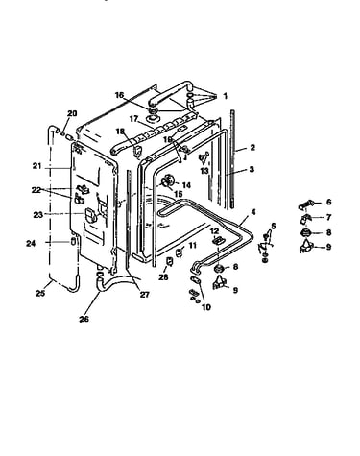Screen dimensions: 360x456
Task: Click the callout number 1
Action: [x=225, y=96]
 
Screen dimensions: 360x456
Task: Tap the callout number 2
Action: [x=252, y=148]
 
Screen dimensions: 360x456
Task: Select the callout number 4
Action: [x=253, y=212]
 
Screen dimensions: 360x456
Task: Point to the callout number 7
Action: [x=328, y=217]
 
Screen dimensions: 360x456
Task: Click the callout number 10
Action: [x=206, y=307]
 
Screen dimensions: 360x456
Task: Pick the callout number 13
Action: [x=204, y=171]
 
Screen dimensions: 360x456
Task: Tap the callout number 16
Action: [x=119, y=95]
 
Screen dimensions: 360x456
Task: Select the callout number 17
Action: [x=133, y=119]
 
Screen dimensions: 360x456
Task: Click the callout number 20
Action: [x=72, y=113]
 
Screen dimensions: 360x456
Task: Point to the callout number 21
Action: [x=37, y=166]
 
